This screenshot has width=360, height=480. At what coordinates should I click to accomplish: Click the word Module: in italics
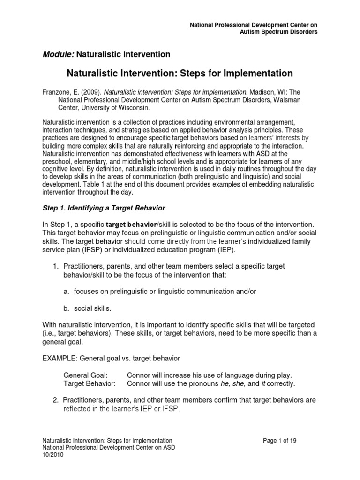tap(58, 54)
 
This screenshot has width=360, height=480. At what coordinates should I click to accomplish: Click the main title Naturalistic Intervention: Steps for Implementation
tap(180, 73)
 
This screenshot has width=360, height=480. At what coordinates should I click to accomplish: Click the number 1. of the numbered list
tap(55, 266)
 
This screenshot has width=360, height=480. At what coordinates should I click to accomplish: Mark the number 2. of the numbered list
tap(55, 400)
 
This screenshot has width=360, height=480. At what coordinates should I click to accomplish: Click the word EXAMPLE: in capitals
tap(60, 359)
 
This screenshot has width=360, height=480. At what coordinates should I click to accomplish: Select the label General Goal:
tap(85, 375)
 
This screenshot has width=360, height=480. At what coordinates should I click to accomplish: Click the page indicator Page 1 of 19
tap(280, 441)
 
